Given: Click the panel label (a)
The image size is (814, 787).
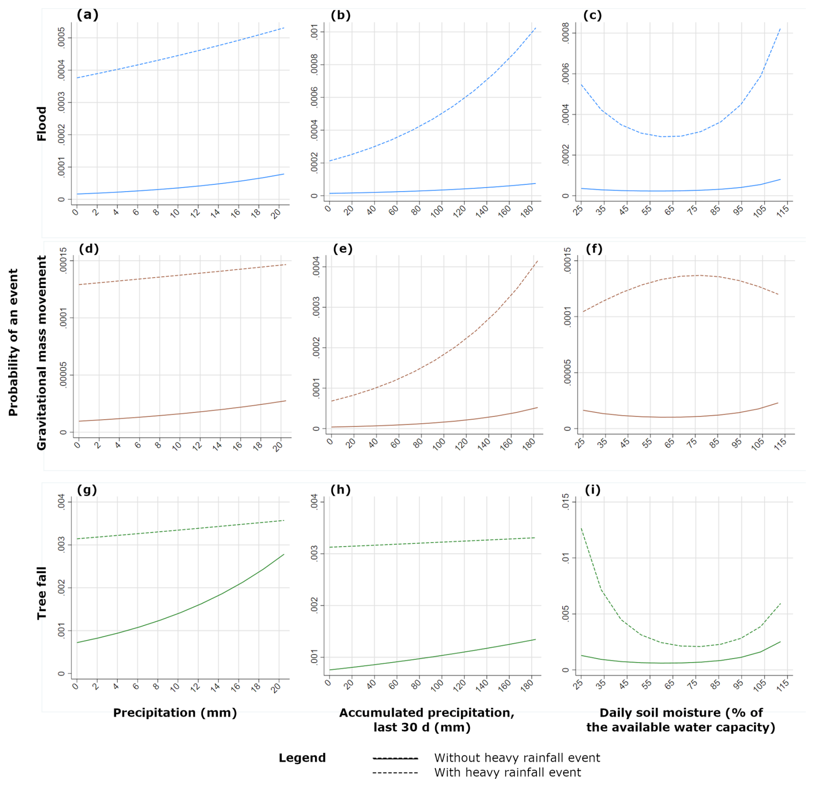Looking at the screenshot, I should (x=87, y=15).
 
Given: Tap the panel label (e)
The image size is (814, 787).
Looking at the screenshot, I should (x=342, y=249).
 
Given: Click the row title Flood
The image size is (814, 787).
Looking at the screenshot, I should (x=41, y=124).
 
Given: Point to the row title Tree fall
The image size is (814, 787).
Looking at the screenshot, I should (x=41, y=593).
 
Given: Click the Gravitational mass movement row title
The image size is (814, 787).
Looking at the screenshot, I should (x=41, y=353).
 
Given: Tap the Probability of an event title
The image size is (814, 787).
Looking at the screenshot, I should (x=13, y=342).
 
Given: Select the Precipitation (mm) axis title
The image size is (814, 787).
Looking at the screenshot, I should (x=175, y=713).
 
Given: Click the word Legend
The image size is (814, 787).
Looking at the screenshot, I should (x=302, y=758).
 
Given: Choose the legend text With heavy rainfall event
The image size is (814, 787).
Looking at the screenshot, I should (x=507, y=773).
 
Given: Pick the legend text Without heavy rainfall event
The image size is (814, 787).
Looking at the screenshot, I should (x=517, y=758).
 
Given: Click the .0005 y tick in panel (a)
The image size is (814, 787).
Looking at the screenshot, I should (x=62, y=37).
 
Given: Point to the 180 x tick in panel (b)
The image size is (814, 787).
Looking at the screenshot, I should (x=527, y=211).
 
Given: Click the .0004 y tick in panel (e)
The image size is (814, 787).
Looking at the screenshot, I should (x=316, y=266).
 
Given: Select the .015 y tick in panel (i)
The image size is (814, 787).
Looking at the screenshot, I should (x=566, y=502).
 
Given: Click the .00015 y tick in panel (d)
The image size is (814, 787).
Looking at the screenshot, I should (x=63, y=260).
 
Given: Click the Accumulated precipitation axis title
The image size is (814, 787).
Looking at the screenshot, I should (x=426, y=720).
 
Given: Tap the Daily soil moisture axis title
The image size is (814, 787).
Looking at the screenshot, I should (x=681, y=720).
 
